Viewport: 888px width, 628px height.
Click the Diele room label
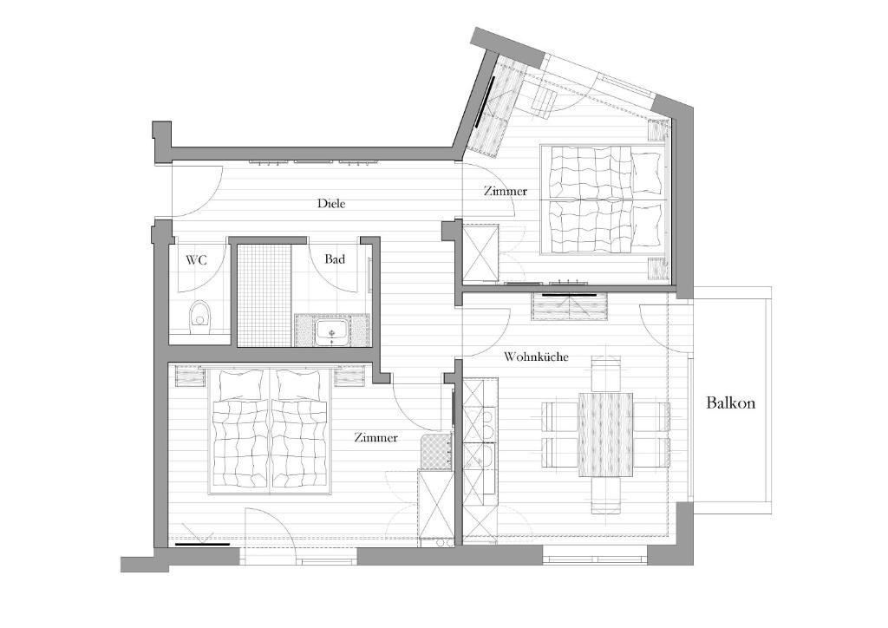(x=331, y=203)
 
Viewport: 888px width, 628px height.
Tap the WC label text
(x=197, y=260)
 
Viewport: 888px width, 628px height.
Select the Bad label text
(x=334, y=259)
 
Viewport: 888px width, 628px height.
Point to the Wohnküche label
(x=536, y=357)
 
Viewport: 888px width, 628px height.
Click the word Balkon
(x=730, y=402)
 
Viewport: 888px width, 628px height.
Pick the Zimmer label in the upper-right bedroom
(x=506, y=191)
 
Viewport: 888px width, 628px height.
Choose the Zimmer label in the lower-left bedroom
(x=375, y=438)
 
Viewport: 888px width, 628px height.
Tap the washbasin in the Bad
(x=332, y=331)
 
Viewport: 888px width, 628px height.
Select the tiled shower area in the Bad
(x=264, y=295)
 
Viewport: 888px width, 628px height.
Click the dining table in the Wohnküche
(x=606, y=435)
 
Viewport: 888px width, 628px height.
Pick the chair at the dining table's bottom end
(x=606, y=495)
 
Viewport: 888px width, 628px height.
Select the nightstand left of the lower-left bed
(x=190, y=376)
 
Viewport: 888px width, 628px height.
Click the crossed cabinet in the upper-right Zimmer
(x=480, y=253)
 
